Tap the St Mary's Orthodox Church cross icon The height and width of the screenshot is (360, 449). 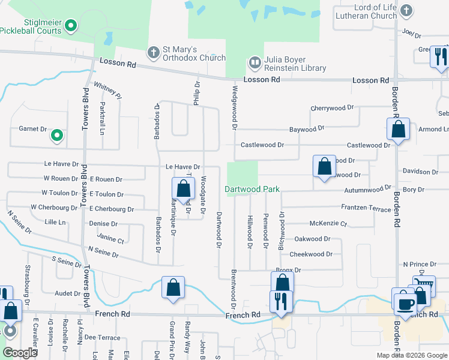coord(153,52)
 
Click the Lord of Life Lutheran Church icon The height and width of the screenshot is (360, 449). coord(406,10)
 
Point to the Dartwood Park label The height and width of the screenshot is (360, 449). coord(252,189)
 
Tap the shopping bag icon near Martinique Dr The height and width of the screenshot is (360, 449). coord(183,188)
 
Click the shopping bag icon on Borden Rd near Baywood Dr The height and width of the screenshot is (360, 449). coord(398,128)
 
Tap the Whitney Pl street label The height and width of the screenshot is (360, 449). coord(108,91)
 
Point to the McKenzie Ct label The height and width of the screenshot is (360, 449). coord(327,224)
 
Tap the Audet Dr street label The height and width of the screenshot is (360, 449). coord(67,293)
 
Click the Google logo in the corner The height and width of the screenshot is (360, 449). coord(20,353)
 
